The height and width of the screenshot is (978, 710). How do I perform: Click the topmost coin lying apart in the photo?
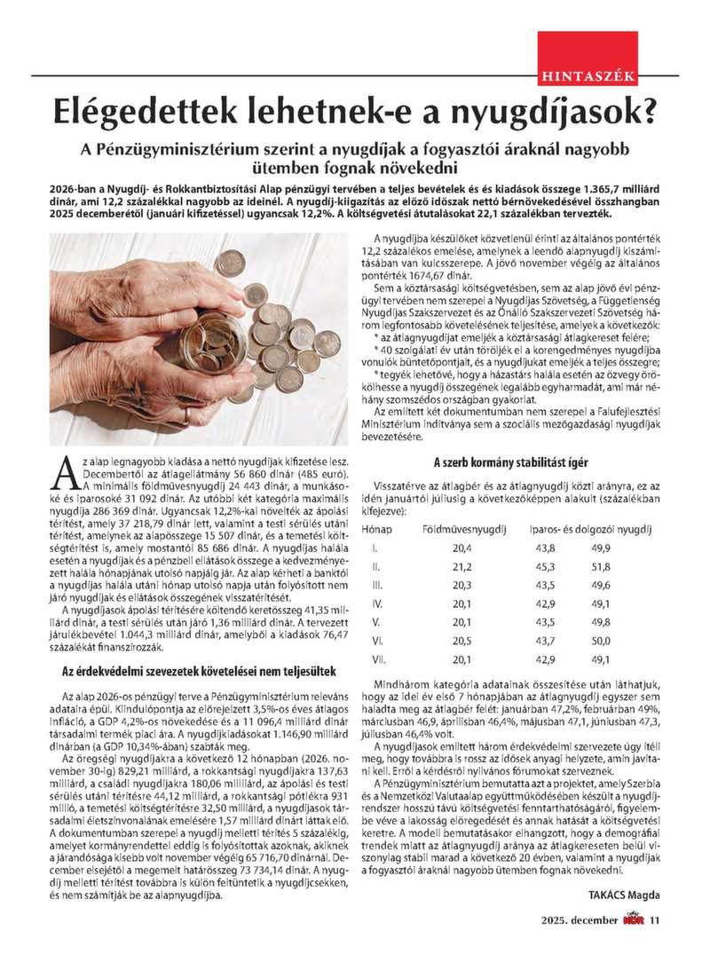click(x=231, y=262)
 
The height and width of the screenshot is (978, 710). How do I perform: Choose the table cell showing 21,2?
click(x=461, y=567)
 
